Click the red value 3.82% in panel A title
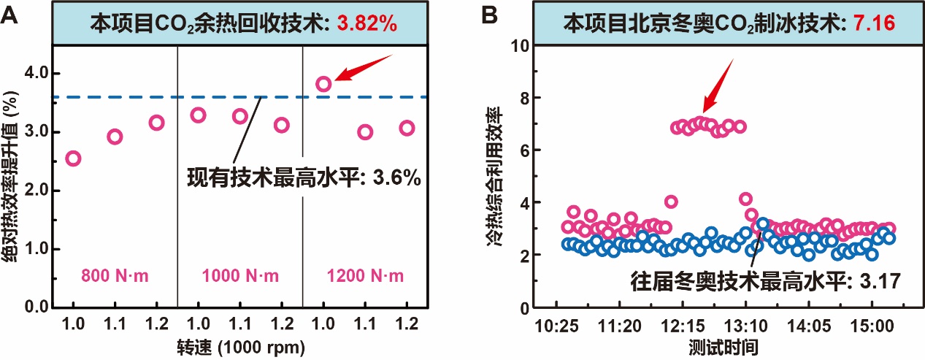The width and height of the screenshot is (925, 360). click(x=366, y=23)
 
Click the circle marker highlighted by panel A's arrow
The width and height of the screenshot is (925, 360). click(x=323, y=83)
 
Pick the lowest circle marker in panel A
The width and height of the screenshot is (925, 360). click(x=73, y=158)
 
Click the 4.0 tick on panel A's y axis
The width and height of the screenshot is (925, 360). click(x=34, y=73)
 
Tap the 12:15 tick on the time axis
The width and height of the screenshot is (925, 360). click(x=683, y=323)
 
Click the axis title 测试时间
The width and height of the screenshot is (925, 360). click(x=713, y=345)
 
